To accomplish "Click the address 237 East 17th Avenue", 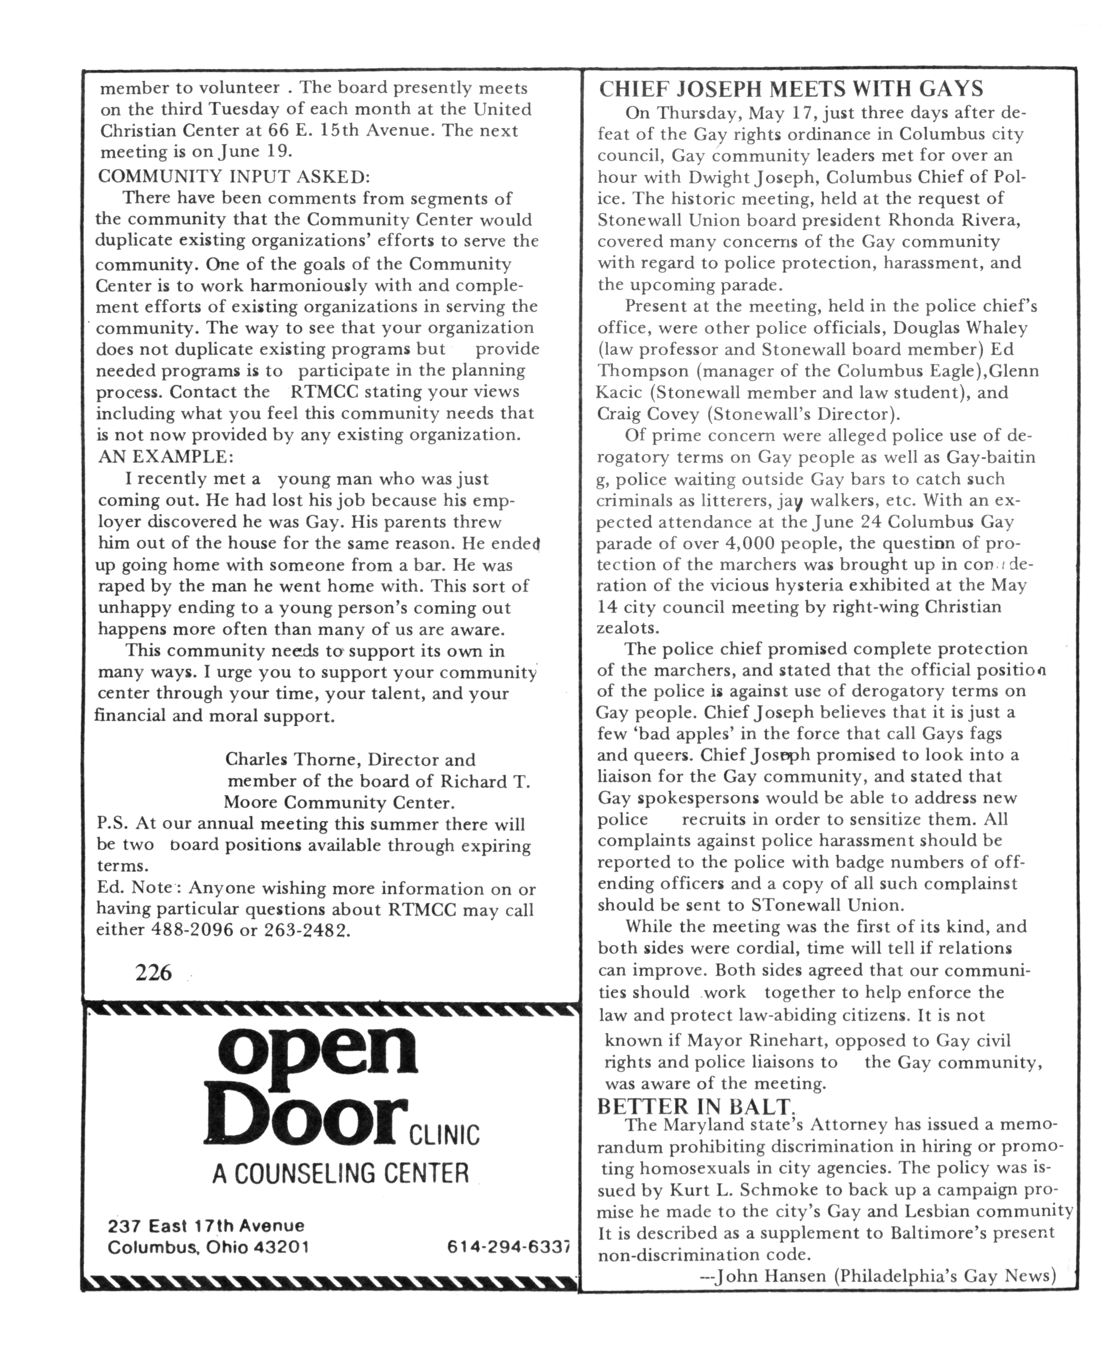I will (x=206, y=1226).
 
